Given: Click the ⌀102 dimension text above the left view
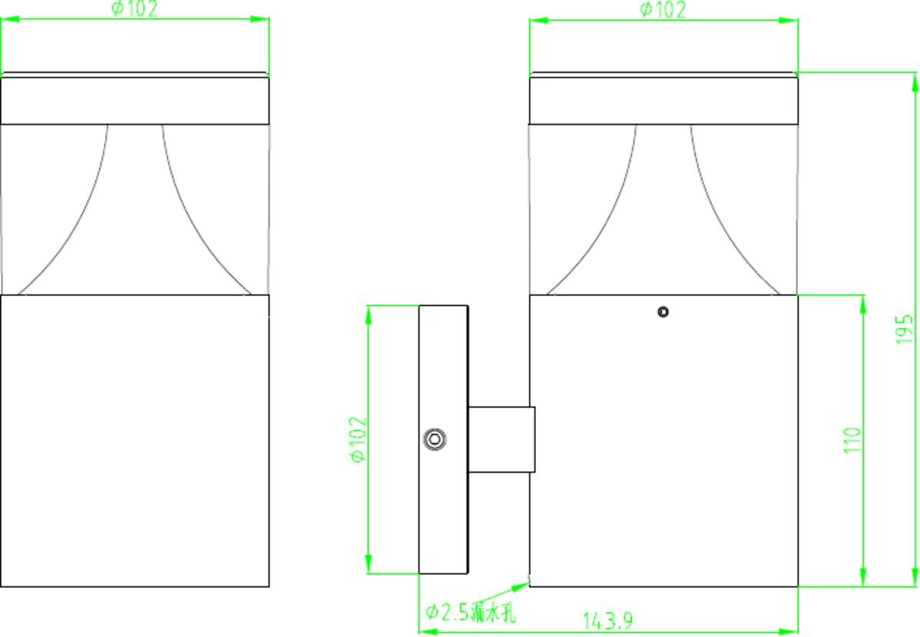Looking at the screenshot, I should (135, 9).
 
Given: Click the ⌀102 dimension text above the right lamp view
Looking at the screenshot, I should (662, 9).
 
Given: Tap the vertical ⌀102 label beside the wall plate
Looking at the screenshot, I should (358, 439).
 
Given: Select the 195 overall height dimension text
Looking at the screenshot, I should (905, 328).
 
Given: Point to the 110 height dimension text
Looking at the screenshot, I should (853, 441).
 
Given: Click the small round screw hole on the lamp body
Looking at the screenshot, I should (663, 311).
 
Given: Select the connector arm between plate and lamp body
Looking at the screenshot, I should (501, 439).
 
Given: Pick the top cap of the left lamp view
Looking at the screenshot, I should (135, 99).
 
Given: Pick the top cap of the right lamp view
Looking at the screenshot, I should (663, 99).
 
